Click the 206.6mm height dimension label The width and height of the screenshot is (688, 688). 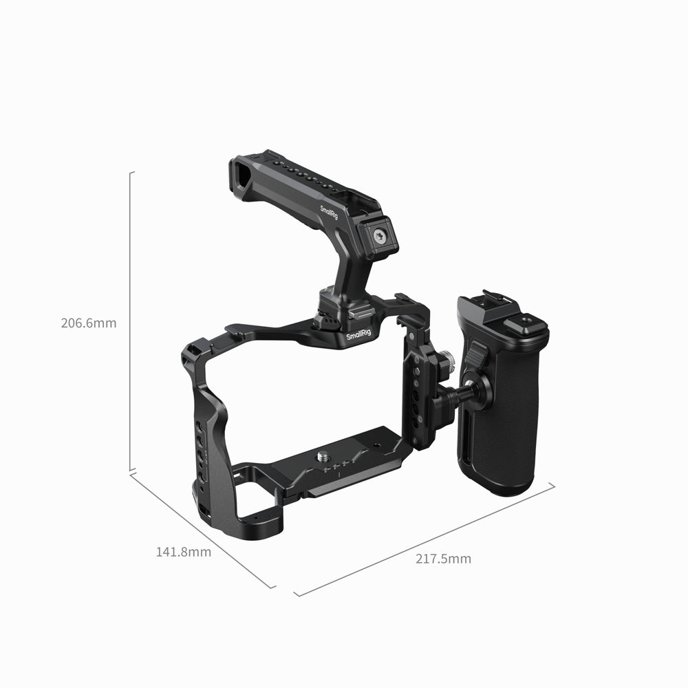tap(89, 323)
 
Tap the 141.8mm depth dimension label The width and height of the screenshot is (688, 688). tap(184, 551)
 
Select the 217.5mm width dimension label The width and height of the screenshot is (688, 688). tap(443, 559)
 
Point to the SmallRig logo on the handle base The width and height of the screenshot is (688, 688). tap(361, 335)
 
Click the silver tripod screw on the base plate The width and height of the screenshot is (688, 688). tap(323, 455)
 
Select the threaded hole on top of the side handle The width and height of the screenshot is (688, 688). tap(529, 319)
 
